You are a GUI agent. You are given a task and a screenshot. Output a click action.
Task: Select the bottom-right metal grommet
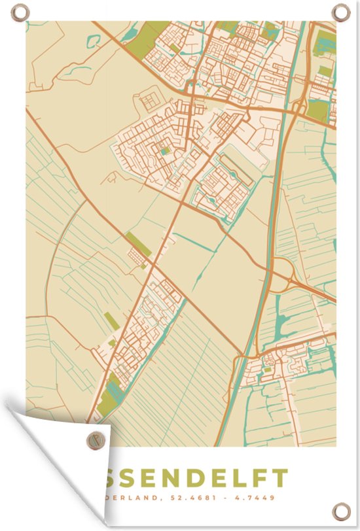(340, 510)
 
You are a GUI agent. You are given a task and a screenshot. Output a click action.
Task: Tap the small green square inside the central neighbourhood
(164, 152)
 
